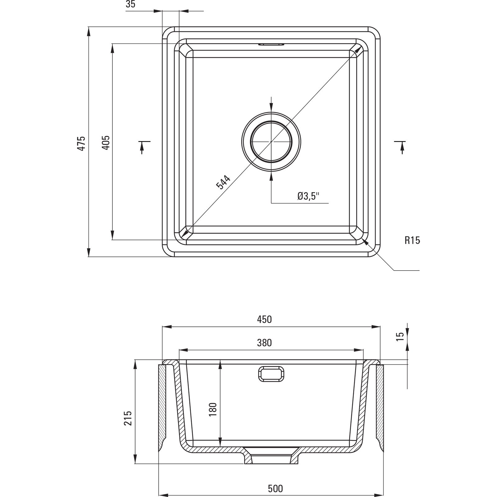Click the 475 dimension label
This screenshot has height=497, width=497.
pyautogui.click(x=81, y=143)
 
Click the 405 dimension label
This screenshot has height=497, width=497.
pyautogui.click(x=106, y=143)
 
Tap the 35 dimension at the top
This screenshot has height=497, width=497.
pyautogui.click(x=131, y=4)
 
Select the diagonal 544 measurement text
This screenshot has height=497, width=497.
pyautogui.click(x=223, y=183)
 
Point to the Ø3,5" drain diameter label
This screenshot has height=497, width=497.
pyautogui.click(x=308, y=196)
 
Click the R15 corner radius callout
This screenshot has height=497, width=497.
pyautogui.click(x=412, y=240)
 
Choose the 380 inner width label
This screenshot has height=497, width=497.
pyautogui.click(x=264, y=343)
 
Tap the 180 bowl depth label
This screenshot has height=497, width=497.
pyautogui.click(x=213, y=409)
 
